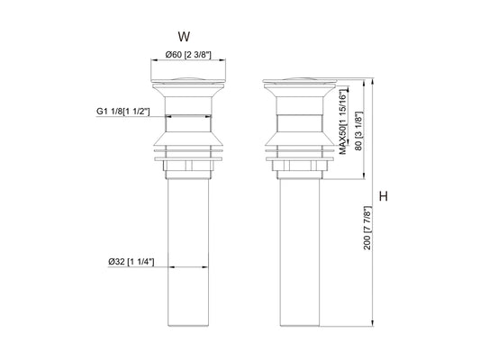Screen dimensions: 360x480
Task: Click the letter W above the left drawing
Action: [184, 38]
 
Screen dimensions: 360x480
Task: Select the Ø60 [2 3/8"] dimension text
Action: [188, 57]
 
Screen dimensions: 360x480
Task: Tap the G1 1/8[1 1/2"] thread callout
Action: [122, 112]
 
